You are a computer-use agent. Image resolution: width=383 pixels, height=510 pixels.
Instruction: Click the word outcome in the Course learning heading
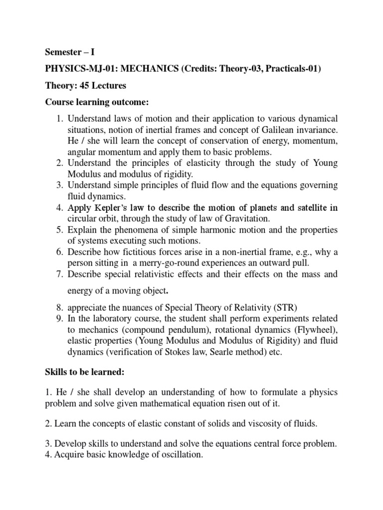point(131,102)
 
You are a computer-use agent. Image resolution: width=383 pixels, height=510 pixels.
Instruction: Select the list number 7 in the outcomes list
point(57,274)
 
